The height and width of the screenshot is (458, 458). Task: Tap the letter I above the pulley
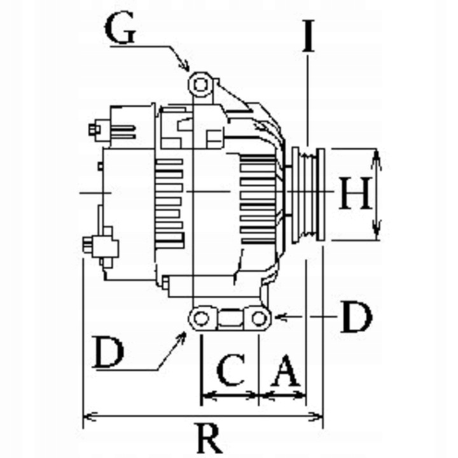(x=308, y=36)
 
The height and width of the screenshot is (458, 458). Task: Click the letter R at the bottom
(x=208, y=438)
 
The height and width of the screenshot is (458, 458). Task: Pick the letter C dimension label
(x=231, y=370)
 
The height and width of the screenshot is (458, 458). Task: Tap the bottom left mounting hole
(x=201, y=317)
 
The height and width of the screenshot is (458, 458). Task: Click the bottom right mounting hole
(x=258, y=317)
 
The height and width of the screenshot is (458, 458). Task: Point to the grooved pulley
(x=308, y=194)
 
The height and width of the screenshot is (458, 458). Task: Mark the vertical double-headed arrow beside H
(x=376, y=194)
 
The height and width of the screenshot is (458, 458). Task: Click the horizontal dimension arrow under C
(x=230, y=397)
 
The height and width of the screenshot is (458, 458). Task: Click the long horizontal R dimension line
(x=203, y=418)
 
